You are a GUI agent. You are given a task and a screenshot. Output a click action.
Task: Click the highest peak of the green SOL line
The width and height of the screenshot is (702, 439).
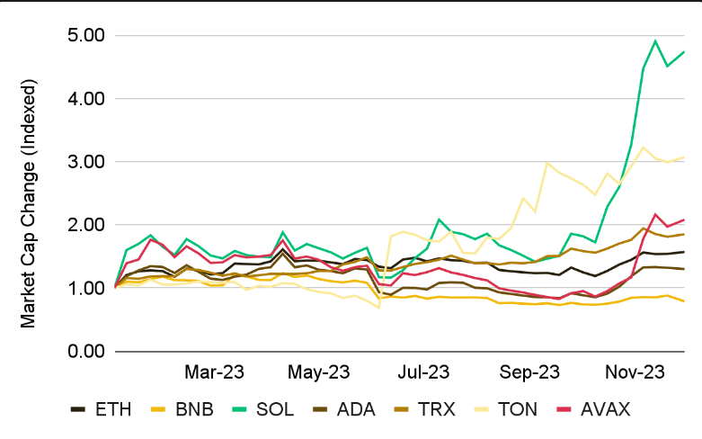point(655,40)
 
